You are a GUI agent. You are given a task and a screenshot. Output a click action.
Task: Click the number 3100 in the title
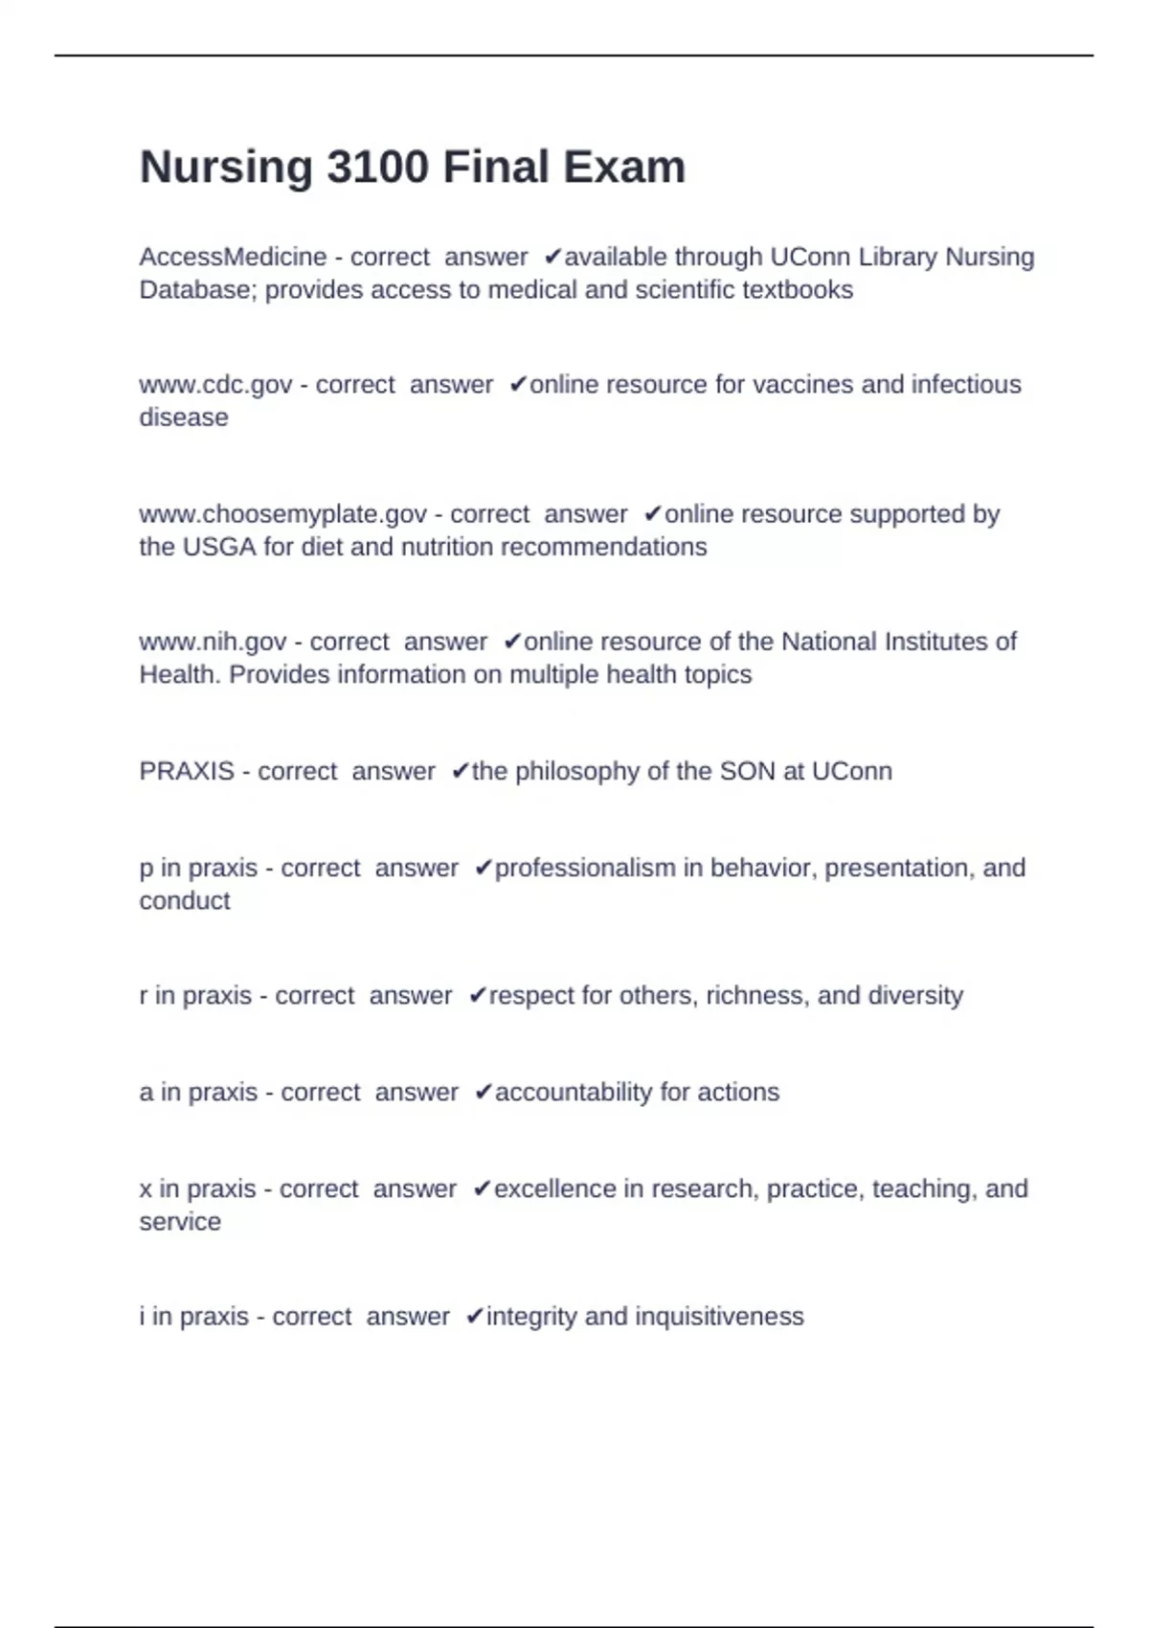click(x=377, y=168)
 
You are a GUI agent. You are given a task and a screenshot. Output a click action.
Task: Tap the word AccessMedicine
click(x=233, y=258)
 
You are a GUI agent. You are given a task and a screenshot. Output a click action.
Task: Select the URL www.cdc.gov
click(x=215, y=385)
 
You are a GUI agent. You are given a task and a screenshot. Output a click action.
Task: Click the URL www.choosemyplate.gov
click(x=282, y=514)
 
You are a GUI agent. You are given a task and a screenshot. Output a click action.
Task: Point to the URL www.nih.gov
click(x=213, y=642)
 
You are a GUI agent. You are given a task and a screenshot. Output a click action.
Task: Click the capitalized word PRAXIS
click(x=187, y=772)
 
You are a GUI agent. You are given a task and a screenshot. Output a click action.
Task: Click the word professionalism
click(x=585, y=869)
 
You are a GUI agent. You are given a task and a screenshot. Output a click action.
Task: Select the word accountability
click(x=574, y=1093)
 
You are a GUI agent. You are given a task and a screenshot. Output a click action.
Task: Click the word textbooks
click(x=798, y=290)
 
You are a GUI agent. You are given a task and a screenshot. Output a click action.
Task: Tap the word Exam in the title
click(x=623, y=168)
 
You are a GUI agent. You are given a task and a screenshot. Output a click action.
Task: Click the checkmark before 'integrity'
click(x=474, y=1317)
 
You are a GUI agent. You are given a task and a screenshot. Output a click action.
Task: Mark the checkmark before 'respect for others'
click(x=477, y=996)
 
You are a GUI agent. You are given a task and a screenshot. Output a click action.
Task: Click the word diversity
click(x=914, y=996)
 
